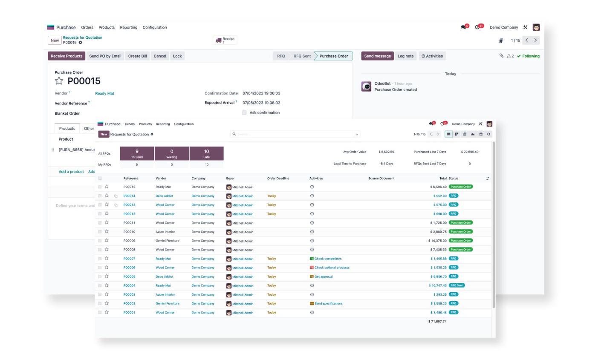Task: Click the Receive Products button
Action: click(x=66, y=56)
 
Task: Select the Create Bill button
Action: click(x=137, y=56)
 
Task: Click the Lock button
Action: click(x=177, y=56)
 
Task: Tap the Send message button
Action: click(x=377, y=56)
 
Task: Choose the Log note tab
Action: click(x=405, y=56)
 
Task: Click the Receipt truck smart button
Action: click(x=225, y=40)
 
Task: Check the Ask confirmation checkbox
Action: click(x=244, y=112)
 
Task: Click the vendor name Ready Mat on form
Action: click(x=104, y=93)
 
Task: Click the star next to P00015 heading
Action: click(x=59, y=81)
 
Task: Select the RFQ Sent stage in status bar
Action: click(x=302, y=56)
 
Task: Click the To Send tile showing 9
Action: click(x=137, y=153)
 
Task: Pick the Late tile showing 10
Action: click(x=206, y=153)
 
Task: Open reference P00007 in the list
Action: click(x=129, y=259)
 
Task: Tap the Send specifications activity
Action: click(x=328, y=303)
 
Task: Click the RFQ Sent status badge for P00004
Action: click(x=457, y=285)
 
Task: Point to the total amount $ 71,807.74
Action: click(x=437, y=321)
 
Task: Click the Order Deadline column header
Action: click(x=278, y=178)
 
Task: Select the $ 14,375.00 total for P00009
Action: click(x=437, y=241)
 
